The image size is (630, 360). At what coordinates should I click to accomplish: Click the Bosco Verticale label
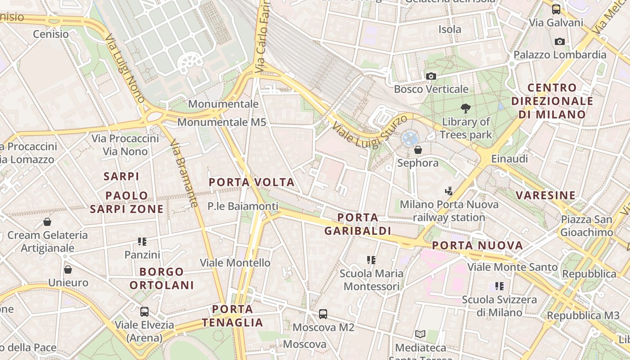431,89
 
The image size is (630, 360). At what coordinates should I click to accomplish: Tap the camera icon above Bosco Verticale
431,76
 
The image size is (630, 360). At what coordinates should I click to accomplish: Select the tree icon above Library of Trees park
465,108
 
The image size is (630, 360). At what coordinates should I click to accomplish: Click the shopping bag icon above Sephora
418,150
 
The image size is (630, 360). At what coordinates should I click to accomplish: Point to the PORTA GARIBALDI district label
357,224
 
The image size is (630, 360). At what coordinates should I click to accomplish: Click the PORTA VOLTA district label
252,182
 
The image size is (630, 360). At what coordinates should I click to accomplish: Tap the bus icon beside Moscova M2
323,314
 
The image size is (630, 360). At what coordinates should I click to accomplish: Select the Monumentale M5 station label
221,122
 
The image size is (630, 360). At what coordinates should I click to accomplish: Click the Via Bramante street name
184,173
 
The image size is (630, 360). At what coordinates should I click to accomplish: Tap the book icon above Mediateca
420,334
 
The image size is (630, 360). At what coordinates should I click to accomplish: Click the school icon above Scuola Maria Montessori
371,260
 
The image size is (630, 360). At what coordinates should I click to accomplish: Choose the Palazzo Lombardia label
560,55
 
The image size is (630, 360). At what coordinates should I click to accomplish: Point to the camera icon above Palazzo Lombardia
560,42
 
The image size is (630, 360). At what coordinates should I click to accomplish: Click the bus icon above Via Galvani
556,9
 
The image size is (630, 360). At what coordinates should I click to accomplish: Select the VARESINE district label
545,195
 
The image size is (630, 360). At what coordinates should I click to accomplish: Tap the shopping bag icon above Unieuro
68,270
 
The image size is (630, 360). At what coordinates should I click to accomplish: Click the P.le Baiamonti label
243,207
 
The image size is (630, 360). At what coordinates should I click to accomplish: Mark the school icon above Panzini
142,242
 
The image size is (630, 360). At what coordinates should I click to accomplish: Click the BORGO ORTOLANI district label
162,278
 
